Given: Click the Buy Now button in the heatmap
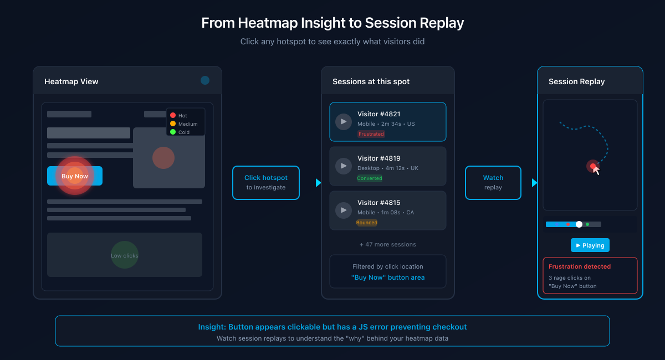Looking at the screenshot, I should pyautogui.click(x=75, y=176).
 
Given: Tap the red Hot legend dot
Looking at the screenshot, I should pyautogui.click(x=173, y=115).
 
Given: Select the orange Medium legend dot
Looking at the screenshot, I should pyautogui.click(x=173, y=124).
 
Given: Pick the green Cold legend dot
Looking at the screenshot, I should pyautogui.click(x=173, y=132).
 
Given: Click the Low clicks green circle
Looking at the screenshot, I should pyautogui.click(x=125, y=255).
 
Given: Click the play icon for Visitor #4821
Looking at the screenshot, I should pyautogui.click(x=344, y=122).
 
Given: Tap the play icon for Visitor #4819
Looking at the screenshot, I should pyautogui.click(x=344, y=166).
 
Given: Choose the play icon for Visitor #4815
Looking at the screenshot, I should pyautogui.click(x=344, y=210).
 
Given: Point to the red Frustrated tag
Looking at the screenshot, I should pyautogui.click(x=371, y=134).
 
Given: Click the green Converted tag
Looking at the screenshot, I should pyautogui.click(x=370, y=178).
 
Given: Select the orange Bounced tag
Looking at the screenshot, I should pyautogui.click(x=367, y=223).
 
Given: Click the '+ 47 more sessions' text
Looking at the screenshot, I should pyautogui.click(x=388, y=244).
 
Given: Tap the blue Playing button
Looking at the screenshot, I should pyautogui.click(x=590, y=245).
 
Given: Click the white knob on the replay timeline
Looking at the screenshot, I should pyautogui.click(x=579, y=224).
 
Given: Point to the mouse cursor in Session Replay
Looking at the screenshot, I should pyautogui.click(x=596, y=170).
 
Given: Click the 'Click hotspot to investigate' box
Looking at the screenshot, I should pyautogui.click(x=266, y=183).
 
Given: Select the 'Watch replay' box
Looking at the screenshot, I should pyautogui.click(x=493, y=183).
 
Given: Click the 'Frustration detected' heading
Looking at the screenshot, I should pyautogui.click(x=580, y=266).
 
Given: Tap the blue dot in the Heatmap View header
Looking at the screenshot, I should pyautogui.click(x=205, y=80).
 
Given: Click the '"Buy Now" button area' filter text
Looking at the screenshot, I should pyautogui.click(x=388, y=277).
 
